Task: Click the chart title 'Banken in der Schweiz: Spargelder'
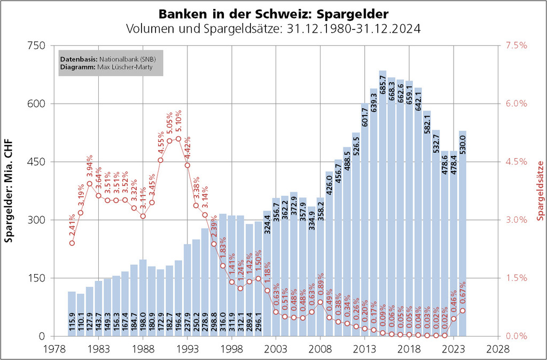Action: point(273,12)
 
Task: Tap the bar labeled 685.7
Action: point(382,214)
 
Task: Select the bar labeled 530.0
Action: point(462,240)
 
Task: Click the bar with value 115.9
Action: point(72,315)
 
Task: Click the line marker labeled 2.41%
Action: point(72,243)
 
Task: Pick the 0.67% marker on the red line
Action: point(463,310)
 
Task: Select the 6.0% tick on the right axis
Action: point(515,104)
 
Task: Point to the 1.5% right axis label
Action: point(515,278)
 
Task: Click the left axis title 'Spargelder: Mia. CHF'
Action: point(9,191)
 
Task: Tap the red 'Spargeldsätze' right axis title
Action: point(540,191)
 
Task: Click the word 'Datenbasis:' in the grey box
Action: point(76,59)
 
